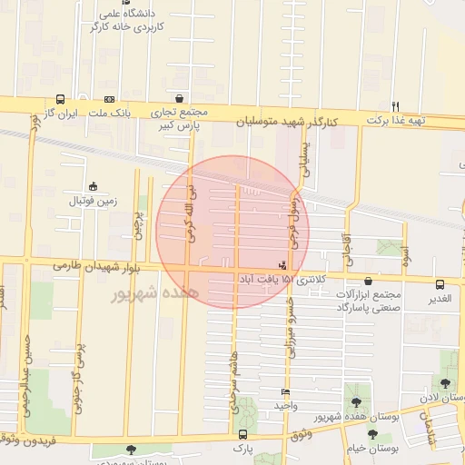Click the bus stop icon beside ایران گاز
60,99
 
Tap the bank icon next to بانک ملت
110,99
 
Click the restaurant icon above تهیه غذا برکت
395,105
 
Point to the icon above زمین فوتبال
94,185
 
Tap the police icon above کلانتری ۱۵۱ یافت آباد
285,265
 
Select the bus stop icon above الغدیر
440,283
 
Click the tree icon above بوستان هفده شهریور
353,402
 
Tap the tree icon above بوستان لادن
445,384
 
